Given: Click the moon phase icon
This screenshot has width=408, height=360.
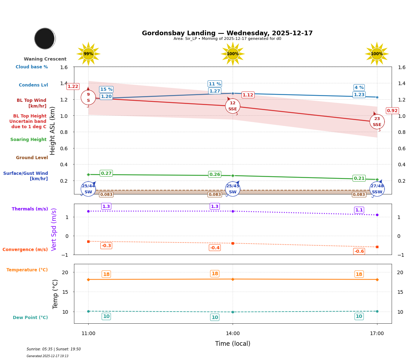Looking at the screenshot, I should tap(45, 38).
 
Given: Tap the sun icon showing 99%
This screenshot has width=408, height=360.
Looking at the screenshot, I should tap(88, 54).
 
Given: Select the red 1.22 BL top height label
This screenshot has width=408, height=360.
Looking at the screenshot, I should tap(73, 87).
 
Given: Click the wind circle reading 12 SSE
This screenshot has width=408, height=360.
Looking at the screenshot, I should tap(233, 106).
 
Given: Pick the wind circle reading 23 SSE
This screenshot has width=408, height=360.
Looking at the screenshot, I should tap(377, 122).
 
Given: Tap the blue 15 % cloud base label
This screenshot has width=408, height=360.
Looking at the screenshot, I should tap(106, 89).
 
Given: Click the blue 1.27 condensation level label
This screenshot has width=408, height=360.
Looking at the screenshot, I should tap(214, 91).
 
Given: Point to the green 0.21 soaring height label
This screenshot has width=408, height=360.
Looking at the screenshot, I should tap(359, 178).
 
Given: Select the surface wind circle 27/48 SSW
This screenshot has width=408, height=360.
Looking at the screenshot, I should tap(377, 189).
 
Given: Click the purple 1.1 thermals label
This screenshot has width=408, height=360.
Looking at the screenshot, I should tap(359, 210).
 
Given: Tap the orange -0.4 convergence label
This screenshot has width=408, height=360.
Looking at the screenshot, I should tap(214, 247).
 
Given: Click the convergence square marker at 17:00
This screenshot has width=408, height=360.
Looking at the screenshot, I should tap(377, 247).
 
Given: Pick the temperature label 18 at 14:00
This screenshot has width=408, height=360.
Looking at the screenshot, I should tap(214, 274).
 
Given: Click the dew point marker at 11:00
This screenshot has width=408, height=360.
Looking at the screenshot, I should tap(88, 311).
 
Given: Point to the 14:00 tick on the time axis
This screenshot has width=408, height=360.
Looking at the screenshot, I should tap(233, 333).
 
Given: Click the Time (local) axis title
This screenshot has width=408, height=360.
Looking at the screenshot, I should tap(233, 344).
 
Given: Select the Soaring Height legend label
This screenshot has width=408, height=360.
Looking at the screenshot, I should tap(28, 140).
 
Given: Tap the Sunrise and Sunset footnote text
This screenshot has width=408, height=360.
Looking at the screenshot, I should tap(54, 349).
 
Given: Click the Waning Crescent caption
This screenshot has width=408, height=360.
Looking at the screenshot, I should tap(45, 59).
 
